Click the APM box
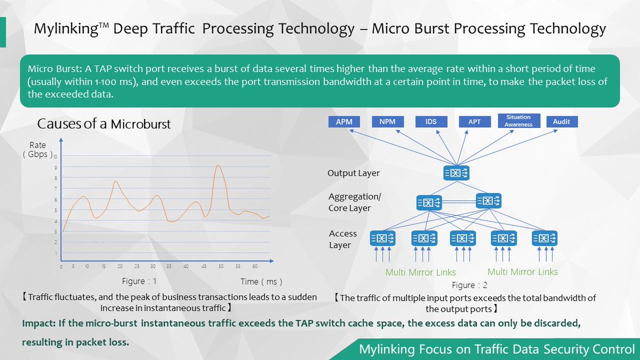click(x=343, y=122)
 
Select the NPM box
click(x=387, y=122)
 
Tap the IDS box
click(x=431, y=122)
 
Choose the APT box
click(x=474, y=122)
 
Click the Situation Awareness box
click(x=518, y=121)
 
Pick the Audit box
click(x=561, y=122)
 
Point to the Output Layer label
click(x=354, y=173)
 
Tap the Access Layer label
click(x=343, y=239)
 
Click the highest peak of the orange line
click(x=218, y=165)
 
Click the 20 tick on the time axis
click(x=120, y=266)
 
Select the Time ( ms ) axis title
click(x=261, y=281)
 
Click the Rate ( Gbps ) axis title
click(x=37, y=150)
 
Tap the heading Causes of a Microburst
click(x=103, y=124)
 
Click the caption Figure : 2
click(x=470, y=285)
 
